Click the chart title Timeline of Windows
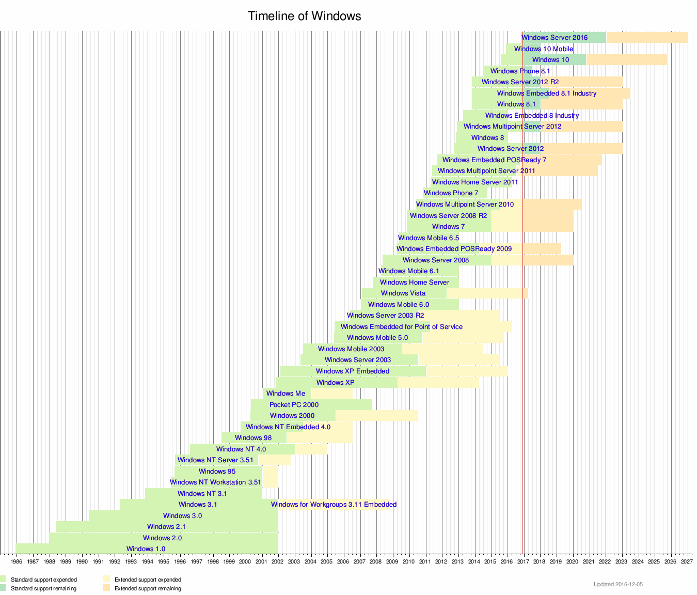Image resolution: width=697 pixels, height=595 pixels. pyautogui.click(x=304, y=16)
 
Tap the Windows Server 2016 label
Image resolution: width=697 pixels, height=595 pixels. pyautogui.click(x=554, y=37)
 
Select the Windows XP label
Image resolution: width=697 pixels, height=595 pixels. pyautogui.click(x=335, y=382)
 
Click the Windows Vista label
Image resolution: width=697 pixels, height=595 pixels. pyautogui.click(x=403, y=293)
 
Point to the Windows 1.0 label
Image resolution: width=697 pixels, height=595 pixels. pyautogui.click(x=146, y=549)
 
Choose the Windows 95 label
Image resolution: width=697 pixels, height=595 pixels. pyautogui.click(x=217, y=471)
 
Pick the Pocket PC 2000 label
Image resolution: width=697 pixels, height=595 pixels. pyautogui.click(x=294, y=404)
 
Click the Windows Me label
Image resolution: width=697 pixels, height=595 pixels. pyautogui.click(x=286, y=393)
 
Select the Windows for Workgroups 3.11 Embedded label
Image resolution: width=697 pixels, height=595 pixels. pyautogui.click(x=334, y=504)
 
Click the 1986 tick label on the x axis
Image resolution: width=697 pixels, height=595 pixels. pyautogui.click(x=17, y=561)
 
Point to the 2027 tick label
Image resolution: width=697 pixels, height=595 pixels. pyautogui.click(x=687, y=561)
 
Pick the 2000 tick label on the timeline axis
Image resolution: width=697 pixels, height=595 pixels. pyautogui.click(x=245, y=561)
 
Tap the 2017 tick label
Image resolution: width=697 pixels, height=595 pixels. pyautogui.click(x=523, y=561)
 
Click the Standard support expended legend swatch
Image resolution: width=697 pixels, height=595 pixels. pyautogui.click(x=3, y=580)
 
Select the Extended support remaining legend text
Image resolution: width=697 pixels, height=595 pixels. pyautogui.click(x=148, y=588)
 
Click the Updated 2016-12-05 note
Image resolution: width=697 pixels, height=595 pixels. pyautogui.click(x=618, y=584)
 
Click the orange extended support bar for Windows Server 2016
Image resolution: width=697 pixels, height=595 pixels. pyautogui.click(x=646, y=37)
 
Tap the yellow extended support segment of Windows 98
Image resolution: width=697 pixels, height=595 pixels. pyautogui.click(x=319, y=437)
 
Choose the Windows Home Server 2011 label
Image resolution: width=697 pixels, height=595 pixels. pyautogui.click(x=474, y=182)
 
